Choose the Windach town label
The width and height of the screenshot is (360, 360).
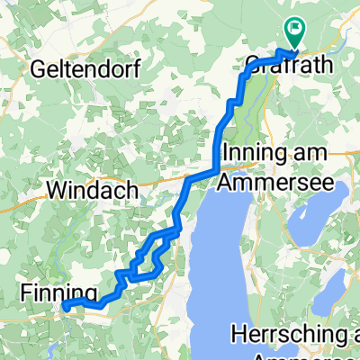coord(93,190)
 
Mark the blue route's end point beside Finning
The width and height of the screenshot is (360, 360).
coord(67,307)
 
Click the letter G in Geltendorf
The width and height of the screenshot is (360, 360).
coord(37,68)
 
